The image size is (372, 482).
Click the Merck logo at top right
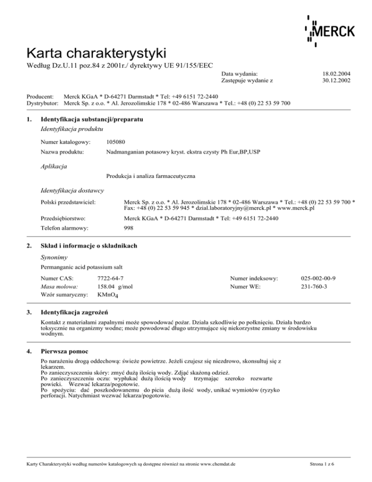[329, 30]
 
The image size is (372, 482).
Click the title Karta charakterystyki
[97, 52]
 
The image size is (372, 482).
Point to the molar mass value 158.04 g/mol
[115, 287]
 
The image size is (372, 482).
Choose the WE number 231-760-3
[315, 287]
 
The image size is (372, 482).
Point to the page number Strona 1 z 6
[335, 464]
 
